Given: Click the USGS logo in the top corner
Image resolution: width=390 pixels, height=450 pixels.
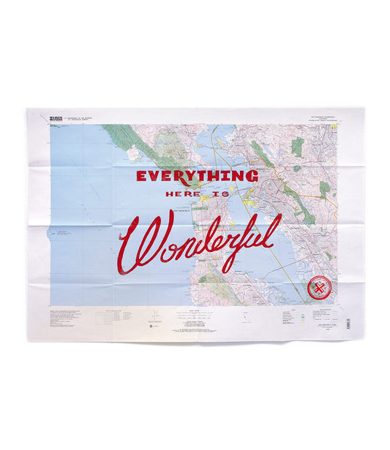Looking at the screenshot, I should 56,116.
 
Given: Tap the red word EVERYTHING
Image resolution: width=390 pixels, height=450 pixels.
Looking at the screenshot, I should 197,176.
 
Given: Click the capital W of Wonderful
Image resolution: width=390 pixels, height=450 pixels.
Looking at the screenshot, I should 143,242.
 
